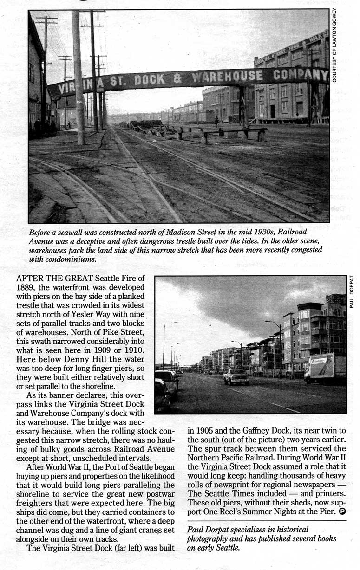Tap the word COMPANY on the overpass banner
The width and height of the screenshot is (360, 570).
[301, 74]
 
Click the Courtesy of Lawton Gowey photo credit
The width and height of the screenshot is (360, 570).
[334, 45]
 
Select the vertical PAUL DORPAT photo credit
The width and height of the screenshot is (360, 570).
[352, 291]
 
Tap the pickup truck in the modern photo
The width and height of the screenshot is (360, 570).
[236, 377]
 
